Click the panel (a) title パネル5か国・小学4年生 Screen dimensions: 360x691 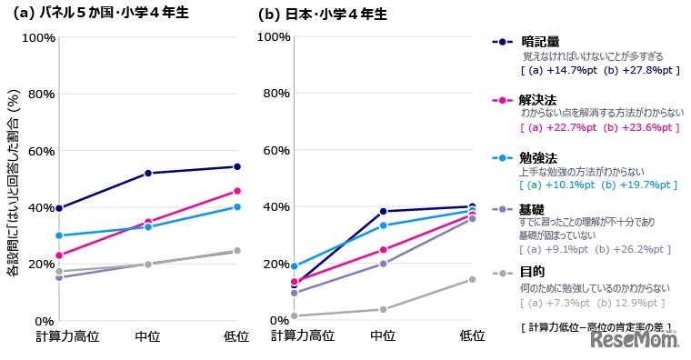click(118, 15)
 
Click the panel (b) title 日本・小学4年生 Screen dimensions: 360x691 click(333, 15)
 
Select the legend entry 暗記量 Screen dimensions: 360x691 click(539, 42)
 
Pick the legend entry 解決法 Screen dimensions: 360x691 click(539, 99)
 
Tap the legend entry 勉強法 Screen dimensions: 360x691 click(539, 156)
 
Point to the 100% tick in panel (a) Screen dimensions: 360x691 click(38, 37)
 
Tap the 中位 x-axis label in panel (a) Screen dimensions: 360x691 click(148, 336)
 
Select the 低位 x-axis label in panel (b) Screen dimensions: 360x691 click(472, 336)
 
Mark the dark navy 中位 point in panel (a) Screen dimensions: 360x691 click(148, 173)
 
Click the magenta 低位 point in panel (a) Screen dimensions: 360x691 click(237, 191)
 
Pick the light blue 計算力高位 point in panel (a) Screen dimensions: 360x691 click(59, 235)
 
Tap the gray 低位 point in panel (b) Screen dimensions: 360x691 click(472, 279)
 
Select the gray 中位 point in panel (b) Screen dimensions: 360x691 click(383, 309)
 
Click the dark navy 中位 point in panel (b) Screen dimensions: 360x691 click(383, 211)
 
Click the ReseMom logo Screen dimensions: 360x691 click(636, 340)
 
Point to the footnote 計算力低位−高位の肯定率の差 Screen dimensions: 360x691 click(592, 325)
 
